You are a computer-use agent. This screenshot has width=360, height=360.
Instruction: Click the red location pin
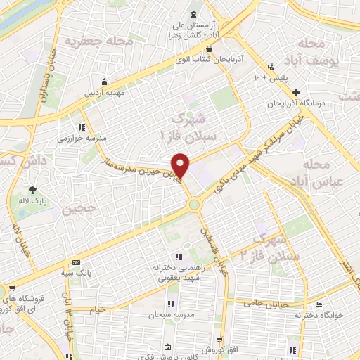click(x=181, y=165)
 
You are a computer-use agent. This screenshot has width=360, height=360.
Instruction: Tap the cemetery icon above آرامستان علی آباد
click(x=194, y=15)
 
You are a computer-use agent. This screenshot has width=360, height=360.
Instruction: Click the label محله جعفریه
click(x=99, y=41)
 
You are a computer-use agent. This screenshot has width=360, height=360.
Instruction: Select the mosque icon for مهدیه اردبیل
click(x=105, y=81)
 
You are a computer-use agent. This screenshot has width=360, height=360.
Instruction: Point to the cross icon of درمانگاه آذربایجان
click(x=297, y=92)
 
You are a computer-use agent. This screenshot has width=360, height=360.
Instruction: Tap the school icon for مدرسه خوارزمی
click(x=83, y=127)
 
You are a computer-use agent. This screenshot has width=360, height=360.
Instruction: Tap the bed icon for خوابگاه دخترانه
click(x=319, y=305)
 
